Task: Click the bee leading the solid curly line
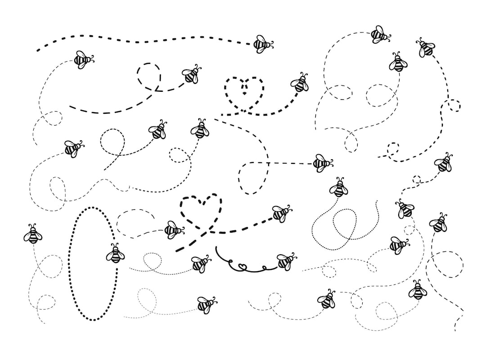285,261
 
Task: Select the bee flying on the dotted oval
115,254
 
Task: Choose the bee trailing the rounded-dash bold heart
281,213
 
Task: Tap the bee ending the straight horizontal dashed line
322,163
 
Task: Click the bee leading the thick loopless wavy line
263,44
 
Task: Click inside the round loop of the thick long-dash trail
148,73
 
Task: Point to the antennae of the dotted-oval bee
115,246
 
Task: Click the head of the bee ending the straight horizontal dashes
329,163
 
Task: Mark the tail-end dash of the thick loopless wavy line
39,49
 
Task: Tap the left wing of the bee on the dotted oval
110,256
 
